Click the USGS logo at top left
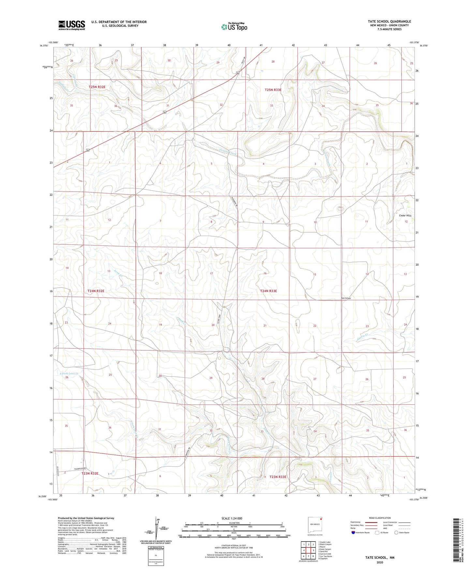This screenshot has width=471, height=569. [72, 25]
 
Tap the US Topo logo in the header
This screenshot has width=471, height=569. [234, 27]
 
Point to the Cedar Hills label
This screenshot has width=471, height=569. [405, 215]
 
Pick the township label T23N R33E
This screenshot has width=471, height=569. [278, 477]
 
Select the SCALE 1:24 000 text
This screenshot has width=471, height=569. [232, 518]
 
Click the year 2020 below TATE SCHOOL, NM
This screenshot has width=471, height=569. [380, 562]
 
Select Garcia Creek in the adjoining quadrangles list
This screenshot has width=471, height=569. [325, 554]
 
